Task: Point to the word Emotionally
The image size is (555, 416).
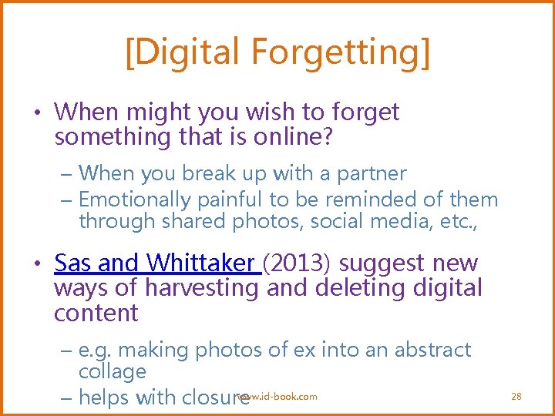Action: [x=135, y=200]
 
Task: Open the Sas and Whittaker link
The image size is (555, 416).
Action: [x=157, y=263]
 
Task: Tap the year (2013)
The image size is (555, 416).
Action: [x=298, y=263]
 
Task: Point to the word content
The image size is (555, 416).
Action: [x=96, y=314]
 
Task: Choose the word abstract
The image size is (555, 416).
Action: [x=432, y=350]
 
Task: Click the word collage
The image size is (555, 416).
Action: [x=112, y=371]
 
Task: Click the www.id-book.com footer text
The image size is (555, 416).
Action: [x=279, y=397]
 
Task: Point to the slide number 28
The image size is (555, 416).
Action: [x=516, y=397]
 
